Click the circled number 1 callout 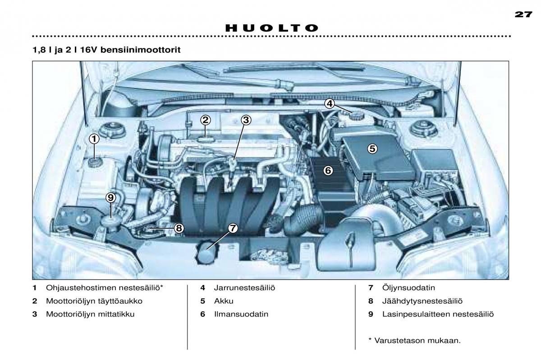coord(94,139)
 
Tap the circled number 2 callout coord(206,120)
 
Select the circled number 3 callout coord(246,120)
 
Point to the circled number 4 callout coord(330,104)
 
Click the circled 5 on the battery coord(372,148)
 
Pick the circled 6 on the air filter coord(328,171)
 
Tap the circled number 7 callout coord(233,228)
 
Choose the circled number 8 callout coord(179,228)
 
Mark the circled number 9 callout coord(110,198)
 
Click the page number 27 coord(523,14)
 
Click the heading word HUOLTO coord(272,28)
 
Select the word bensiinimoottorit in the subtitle coord(140,50)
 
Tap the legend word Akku coord(224,301)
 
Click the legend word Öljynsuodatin coord(408,287)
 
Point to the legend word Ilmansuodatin coord(241,314)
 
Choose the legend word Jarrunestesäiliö coord(244,288)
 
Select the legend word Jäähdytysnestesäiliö coord(422,301)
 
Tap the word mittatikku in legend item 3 coord(115,314)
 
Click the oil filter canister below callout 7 coord(207,253)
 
